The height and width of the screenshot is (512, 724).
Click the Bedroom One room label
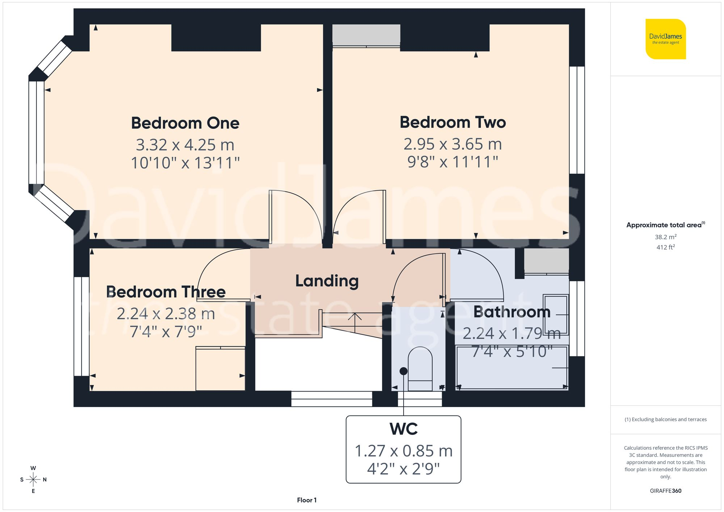pos(185,123)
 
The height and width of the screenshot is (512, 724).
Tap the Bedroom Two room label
pos(452,122)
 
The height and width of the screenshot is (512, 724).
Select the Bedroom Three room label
pos(166,292)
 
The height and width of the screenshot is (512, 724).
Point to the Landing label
pos(327,281)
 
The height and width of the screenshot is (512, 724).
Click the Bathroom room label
pos(512,312)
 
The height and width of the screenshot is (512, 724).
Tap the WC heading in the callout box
pos(404,429)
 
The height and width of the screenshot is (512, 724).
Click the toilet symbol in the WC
pos(420,369)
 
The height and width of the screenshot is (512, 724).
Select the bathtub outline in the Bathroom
pos(512,368)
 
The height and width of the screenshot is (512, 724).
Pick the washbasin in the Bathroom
pos(556,314)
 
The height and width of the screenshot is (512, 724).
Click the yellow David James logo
pos(665,39)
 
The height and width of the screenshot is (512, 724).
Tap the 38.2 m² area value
pos(665,237)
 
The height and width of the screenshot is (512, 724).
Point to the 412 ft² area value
pos(665,247)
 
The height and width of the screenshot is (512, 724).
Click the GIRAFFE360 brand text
pos(665,491)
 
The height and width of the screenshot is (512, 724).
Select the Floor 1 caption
pos(307,500)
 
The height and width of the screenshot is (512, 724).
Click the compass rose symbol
pos(33,480)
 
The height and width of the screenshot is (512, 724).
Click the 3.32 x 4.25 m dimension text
pos(185,145)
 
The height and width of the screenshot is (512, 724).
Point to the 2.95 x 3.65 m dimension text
pos(452,144)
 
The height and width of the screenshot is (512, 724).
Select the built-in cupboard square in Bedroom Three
pos(220,368)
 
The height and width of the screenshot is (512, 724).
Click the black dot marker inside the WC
pos(404,371)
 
